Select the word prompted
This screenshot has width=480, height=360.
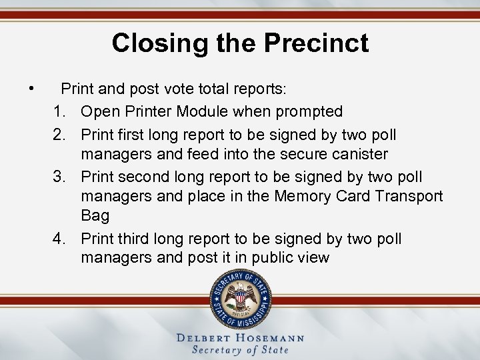[x=307, y=111]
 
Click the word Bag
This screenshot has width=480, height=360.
[x=95, y=215]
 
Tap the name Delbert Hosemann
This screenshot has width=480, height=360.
[x=240, y=337]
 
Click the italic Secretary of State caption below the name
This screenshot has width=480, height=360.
[x=240, y=350]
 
